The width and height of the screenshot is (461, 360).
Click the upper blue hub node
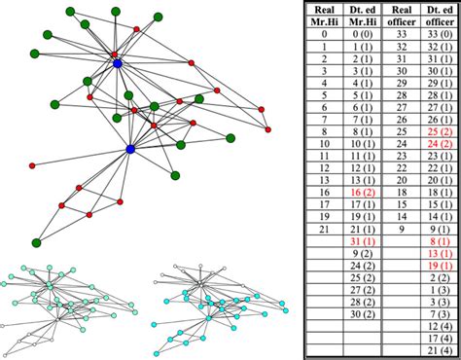(117, 63)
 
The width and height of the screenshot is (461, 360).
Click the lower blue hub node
(130, 149)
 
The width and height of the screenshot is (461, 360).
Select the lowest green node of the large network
(36, 240)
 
